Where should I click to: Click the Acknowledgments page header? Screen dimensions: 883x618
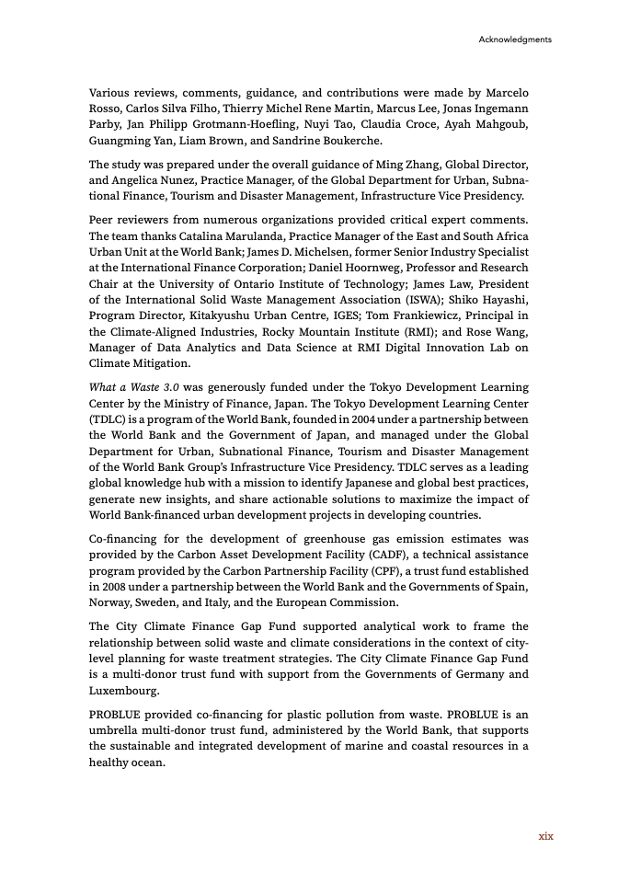(515, 40)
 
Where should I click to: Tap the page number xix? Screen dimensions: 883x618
(545, 836)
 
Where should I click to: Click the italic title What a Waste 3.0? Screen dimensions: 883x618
(132, 387)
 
